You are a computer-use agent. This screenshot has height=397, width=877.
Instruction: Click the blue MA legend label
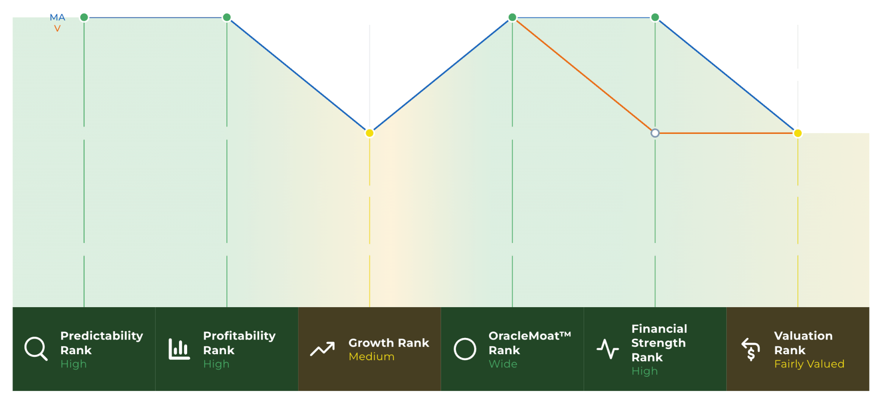[57, 18]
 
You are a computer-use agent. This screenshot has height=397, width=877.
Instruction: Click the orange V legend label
[57, 29]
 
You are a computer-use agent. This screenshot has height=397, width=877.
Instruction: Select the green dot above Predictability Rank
[84, 17]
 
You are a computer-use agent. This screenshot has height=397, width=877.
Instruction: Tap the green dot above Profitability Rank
[227, 17]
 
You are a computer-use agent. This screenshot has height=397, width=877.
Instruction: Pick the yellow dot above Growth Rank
[369, 133]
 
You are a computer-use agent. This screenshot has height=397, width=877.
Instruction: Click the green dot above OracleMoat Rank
[512, 17]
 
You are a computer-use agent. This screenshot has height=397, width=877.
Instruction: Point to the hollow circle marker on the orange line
[655, 133]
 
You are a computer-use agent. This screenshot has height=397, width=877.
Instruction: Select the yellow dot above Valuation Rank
[798, 133]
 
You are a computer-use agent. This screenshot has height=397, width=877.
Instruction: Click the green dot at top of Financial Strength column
[655, 17]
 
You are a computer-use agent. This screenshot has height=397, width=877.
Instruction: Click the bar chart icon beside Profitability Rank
[179, 349]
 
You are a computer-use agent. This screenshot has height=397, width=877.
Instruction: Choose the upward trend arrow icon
[322, 349]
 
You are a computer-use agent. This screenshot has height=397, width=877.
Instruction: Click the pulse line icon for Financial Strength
[608, 349]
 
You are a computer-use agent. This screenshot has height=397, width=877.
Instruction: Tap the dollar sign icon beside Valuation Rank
[751, 349]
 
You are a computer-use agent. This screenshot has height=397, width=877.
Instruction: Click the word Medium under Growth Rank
[371, 356]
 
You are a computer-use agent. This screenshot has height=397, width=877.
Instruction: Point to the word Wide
[503, 364]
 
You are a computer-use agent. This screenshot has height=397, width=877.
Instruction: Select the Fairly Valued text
[809, 364]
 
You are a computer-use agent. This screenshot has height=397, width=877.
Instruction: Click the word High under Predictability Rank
[74, 364]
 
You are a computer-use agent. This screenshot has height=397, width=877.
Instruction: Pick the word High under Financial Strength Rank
[644, 371]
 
